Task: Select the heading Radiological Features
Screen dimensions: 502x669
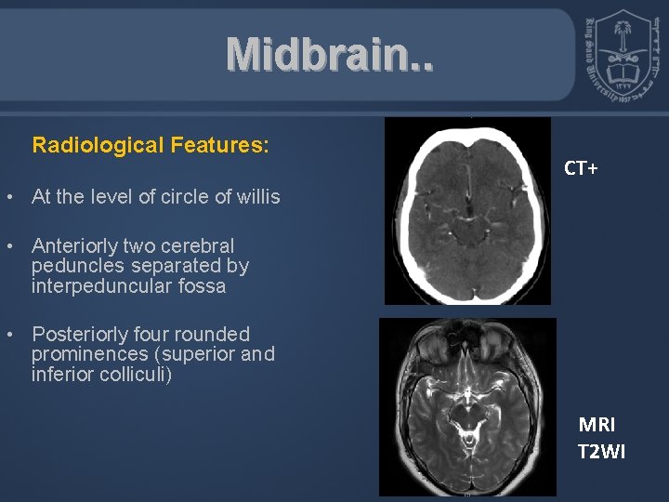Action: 151,146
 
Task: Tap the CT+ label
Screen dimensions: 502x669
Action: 582,168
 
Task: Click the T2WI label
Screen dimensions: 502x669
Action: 602,452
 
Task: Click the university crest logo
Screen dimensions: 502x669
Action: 620,58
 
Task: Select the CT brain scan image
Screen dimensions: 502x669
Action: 467,211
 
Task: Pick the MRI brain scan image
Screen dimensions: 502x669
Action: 467,406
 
